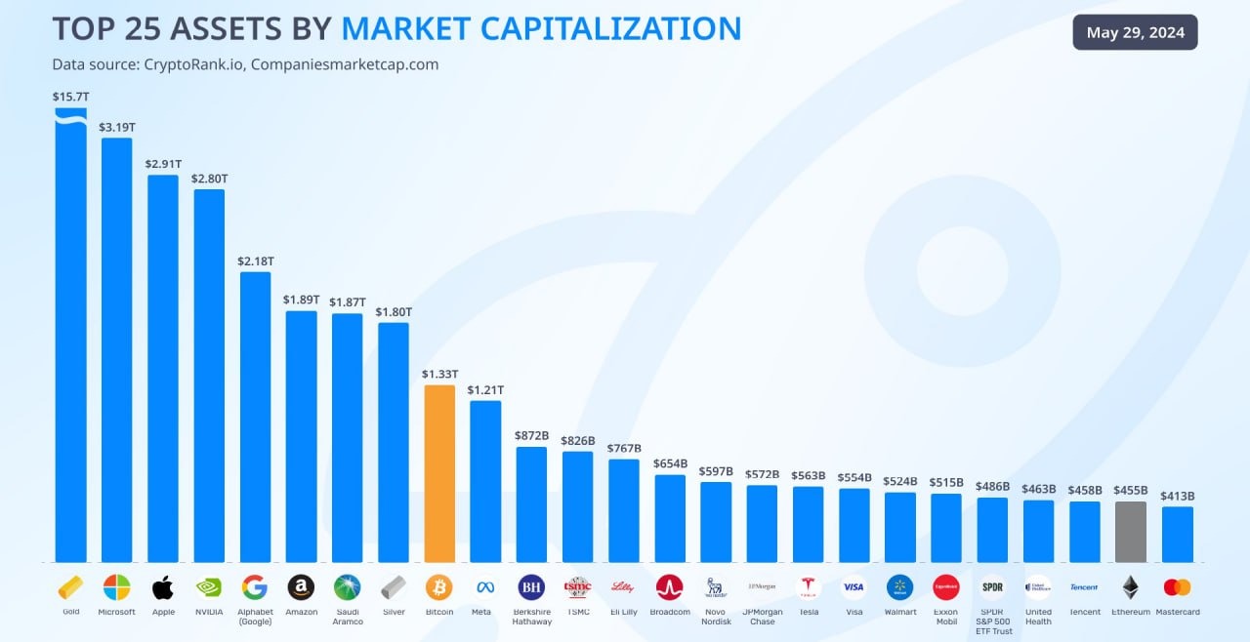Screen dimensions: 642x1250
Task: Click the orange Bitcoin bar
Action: click(x=439, y=473)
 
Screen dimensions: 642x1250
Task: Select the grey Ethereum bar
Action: click(x=1131, y=532)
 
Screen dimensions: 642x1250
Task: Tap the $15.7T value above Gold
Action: click(x=70, y=97)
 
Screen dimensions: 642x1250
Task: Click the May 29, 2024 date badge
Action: click(x=1135, y=32)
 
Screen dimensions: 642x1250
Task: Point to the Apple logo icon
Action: click(x=163, y=587)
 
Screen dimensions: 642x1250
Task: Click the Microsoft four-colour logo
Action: click(x=117, y=587)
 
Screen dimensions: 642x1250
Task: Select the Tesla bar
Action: click(x=808, y=524)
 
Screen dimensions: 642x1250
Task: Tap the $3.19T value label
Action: click(x=117, y=127)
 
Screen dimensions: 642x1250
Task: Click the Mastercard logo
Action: click(x=1177, y=587)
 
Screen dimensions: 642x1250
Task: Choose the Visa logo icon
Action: click(x=854, y=587)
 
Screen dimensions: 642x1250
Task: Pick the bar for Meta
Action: click(x=485, y=481)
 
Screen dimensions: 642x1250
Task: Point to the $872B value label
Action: click(x=531, y=435)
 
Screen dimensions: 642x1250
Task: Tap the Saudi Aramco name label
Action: click(x=347, y=617)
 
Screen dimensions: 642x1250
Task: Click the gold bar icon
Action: click(x=70, y=587)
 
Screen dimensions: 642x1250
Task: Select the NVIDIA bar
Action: click(x=209, y=376)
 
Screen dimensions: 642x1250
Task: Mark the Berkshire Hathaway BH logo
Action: click(x=531, y=587)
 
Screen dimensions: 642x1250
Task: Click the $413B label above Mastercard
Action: click(x=1177, y=496)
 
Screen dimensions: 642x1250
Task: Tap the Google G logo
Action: click(x=255, y=587)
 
